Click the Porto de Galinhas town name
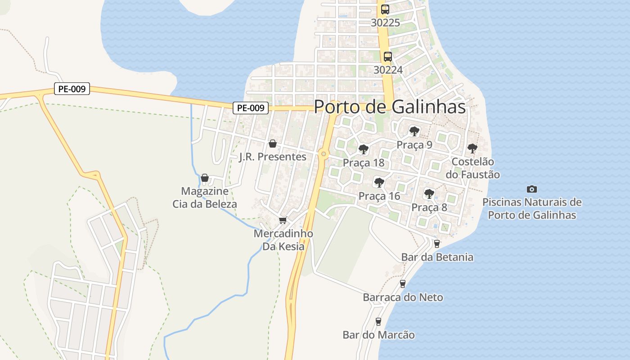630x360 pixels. click(389, 107)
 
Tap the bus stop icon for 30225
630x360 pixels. click(385, 9)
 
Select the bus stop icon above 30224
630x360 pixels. click(387, 57)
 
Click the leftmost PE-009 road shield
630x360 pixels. click(72, 89)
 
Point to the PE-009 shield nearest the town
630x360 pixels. click(250, 108)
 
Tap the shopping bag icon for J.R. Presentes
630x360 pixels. click(272, 144)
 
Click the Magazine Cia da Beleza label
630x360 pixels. click(205, 198)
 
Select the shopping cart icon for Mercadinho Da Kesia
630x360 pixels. click(283, 220)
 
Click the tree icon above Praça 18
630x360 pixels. click(363, 149)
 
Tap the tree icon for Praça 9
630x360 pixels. click(414, 131)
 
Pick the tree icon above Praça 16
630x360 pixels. click(379, 182)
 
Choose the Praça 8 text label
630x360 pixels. click(429, 207)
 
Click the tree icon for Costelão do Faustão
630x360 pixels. click(472, 148)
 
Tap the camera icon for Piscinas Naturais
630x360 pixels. click(531, 189)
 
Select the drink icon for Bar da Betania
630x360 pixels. click(436, 244)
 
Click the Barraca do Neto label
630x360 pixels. click(403, 297)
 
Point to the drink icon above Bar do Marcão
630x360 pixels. click(378, 321)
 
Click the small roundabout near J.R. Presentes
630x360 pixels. click(323, 154)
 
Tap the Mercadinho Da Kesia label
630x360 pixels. click(283, 240)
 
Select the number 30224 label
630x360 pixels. click(388, 70)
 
